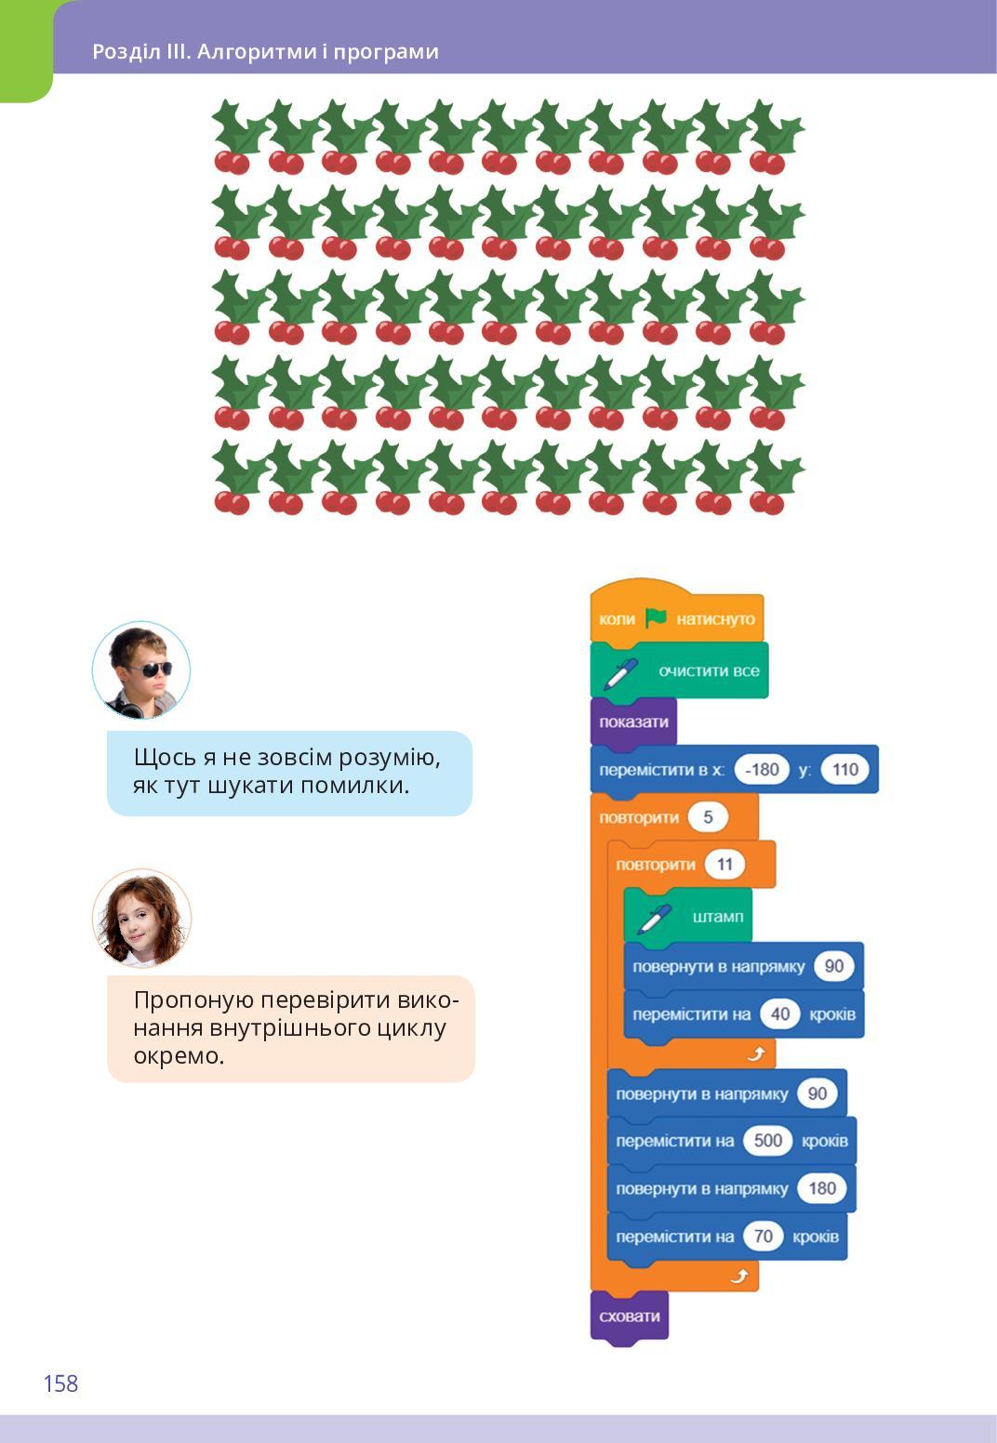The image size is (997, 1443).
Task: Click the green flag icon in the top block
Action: [656, 617]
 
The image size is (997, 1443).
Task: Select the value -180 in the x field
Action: [762, 770]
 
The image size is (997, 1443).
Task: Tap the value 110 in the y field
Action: [844, 770]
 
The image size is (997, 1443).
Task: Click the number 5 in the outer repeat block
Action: [708, 817]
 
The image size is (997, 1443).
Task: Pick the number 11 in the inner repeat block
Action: [724, 865]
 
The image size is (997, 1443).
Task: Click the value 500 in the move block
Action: [767, 1141]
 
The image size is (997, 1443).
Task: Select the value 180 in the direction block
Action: [822, 1188]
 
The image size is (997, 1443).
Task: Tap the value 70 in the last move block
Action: [763, 1237]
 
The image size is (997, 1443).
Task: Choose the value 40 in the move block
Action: [779, 1013]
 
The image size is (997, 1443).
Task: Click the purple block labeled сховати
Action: [630, 1316]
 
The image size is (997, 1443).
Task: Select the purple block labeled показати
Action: [633, 722]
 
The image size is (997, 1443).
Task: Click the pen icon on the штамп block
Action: [654, 919]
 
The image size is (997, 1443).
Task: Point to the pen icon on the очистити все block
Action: [620, 673]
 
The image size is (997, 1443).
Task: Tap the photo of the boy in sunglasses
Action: [141, 669]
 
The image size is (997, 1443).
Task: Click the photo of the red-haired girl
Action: [141, 918]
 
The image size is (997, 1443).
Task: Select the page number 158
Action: [60, 1383]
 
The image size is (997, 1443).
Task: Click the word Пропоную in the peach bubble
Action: [193, 1000]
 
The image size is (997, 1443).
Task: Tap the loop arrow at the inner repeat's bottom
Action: [756, 1053]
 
